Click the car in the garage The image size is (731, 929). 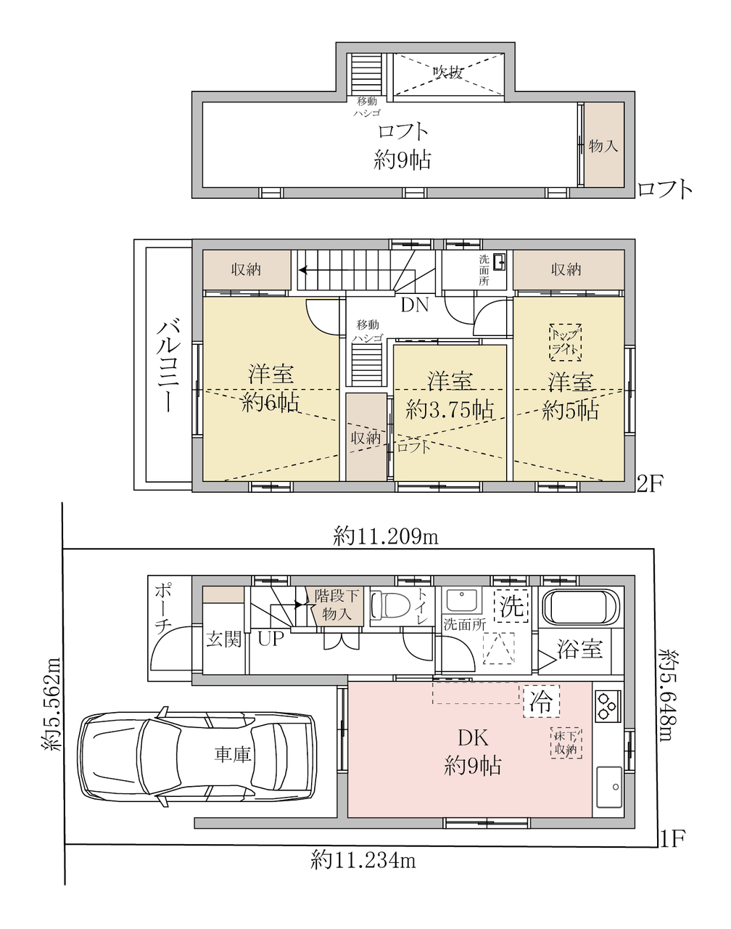198,757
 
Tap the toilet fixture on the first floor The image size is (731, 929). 391,605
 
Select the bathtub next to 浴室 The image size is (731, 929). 580,607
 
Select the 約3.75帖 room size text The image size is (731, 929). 449,409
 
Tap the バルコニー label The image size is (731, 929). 169,366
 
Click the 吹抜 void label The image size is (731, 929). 448,73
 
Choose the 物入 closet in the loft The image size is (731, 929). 603,144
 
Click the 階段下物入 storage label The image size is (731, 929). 336,605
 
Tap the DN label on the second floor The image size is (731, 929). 415,306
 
